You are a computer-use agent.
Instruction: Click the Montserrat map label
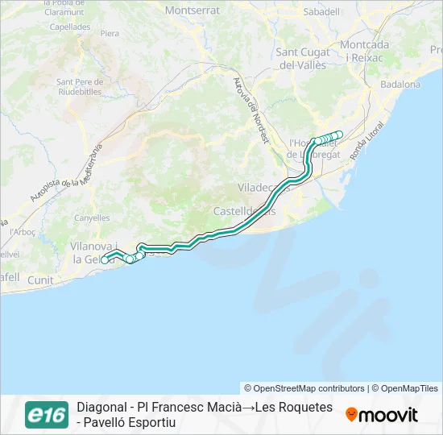(192, 10)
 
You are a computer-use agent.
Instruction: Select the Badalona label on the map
(400, 84)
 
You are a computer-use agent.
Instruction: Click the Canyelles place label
(91, 217)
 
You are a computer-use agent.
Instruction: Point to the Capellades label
(69, 27)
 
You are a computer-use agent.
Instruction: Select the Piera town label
(110, 34)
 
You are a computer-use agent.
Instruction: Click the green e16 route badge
(46, 414)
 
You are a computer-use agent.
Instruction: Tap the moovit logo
(382, 415)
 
